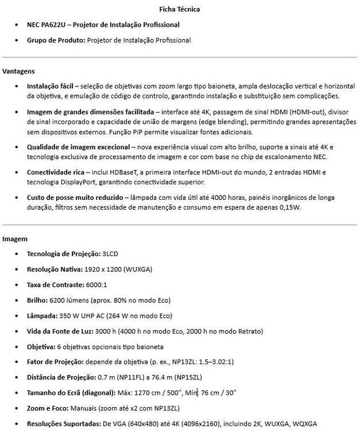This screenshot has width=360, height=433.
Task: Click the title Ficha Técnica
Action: [x=179, y=9]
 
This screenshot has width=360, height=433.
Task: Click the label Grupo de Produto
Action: [x=56, y=40]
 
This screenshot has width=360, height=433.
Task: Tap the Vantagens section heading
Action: [x=19, y=71]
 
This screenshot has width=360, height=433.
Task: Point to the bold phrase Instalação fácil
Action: [x=51, y=86]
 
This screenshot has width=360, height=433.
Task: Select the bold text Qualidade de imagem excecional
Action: [x=77, y=147]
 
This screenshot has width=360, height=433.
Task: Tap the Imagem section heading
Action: [x=15, y=238]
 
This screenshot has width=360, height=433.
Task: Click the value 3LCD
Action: [x=112, y=254]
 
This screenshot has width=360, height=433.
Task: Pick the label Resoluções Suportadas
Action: [x=64, y=423]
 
